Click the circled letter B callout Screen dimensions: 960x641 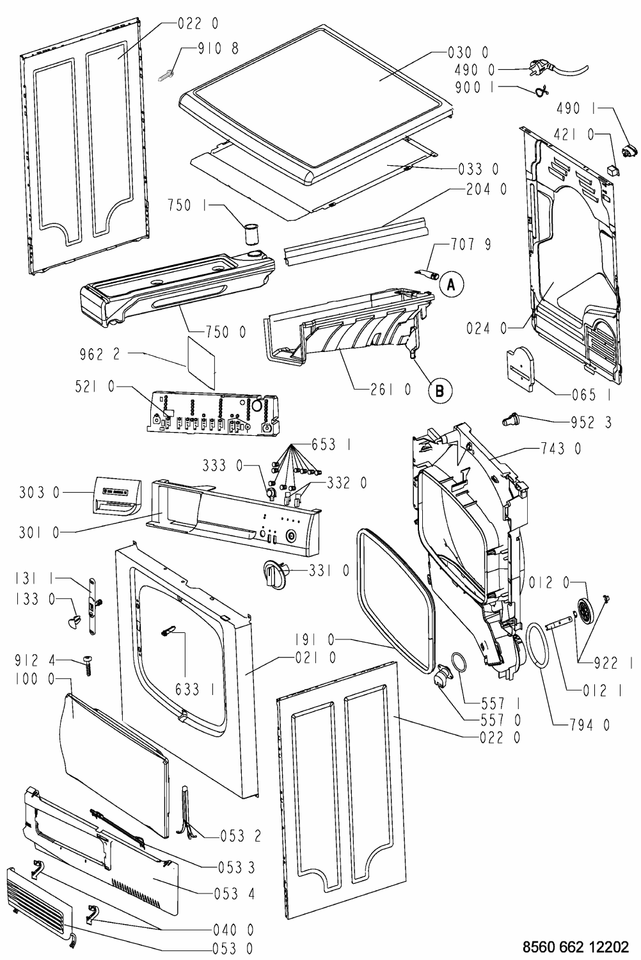(439, 390)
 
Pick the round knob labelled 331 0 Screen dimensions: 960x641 (274, 570)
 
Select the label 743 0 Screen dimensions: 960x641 (559, 449)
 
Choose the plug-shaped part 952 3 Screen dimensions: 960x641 (511, 420)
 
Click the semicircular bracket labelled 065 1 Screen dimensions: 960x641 (521, 367)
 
